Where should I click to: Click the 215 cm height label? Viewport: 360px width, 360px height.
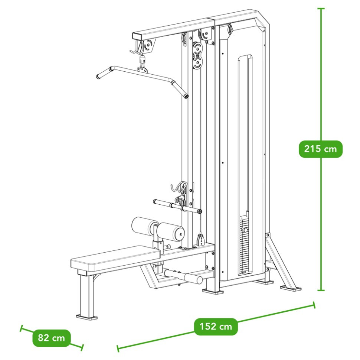click(321, 149)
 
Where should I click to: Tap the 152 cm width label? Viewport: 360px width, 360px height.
click(216, 327)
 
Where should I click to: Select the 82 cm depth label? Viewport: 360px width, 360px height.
click(52, 338)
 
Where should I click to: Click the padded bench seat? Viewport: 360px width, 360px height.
click(115, 257)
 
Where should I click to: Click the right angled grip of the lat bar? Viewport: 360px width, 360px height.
click(179, 88)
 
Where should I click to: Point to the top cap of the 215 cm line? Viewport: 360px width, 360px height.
click(321, 9)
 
